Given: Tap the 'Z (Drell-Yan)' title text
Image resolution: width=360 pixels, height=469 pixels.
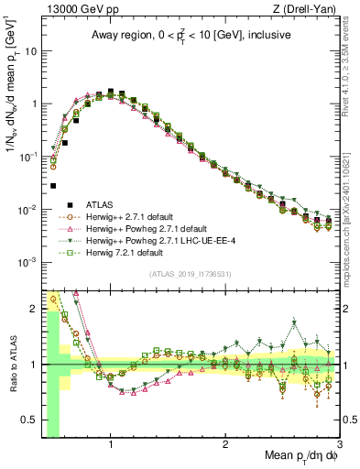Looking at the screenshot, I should [x=301, y=9].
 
